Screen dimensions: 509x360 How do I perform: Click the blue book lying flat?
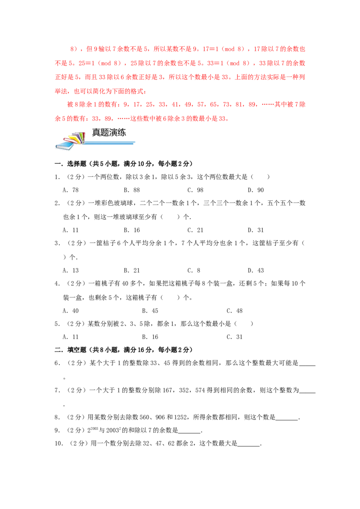point(64,145)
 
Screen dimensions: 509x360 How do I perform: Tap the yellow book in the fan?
point(72,137)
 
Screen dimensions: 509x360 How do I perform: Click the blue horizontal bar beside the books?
point(110,143)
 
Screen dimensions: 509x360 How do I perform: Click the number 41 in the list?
point(173,104)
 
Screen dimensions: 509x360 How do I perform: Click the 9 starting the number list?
point(125,104)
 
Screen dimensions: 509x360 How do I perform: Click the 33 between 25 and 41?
point(161,104)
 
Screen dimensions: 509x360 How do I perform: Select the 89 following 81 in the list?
point(253,104)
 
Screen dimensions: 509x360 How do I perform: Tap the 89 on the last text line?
point(108,120)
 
